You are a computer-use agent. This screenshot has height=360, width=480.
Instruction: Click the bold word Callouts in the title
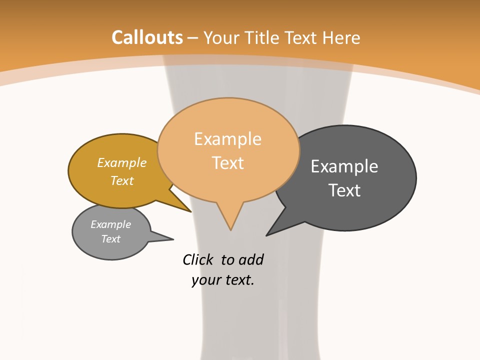point(147,37)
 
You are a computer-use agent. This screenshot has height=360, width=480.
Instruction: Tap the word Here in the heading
point(341,37)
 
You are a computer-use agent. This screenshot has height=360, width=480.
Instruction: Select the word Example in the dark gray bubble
point(344,166)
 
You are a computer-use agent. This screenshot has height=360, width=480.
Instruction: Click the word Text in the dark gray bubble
point(344,190)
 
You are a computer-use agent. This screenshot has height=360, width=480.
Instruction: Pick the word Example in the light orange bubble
point(227,138)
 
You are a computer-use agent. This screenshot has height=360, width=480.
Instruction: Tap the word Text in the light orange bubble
point(228,162)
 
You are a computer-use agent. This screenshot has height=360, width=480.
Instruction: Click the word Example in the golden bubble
point(122,162)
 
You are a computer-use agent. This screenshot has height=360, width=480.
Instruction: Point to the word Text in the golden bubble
point(122,180)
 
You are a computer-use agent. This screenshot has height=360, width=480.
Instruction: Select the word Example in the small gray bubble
point(110,224)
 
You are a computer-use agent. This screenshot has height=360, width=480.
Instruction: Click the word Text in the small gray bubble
point(110,239)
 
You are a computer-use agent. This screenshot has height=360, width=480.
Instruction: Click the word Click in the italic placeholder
point(198,259)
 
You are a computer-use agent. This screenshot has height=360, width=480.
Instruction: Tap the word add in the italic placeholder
point(251,259)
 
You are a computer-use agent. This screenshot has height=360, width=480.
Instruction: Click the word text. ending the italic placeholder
point(238,280)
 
